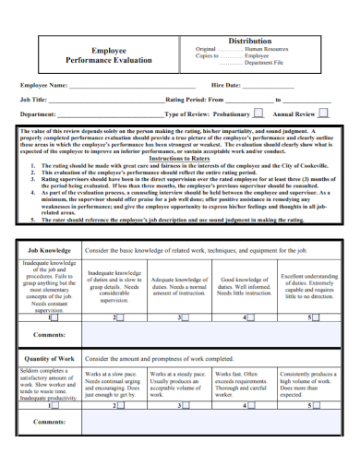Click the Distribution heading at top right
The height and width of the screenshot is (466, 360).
point(249,41)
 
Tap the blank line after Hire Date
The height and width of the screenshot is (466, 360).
point(268,85)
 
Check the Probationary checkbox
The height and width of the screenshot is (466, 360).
point(258,114)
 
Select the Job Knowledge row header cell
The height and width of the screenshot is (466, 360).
point(49,250)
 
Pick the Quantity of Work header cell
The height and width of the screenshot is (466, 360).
point(49,358)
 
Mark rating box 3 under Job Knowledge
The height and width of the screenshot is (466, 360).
point(182,317)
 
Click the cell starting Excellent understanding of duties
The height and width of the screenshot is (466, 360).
point(309,287)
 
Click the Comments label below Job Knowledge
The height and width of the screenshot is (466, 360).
point(49,334)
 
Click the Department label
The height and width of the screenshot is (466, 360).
point(39,114)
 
